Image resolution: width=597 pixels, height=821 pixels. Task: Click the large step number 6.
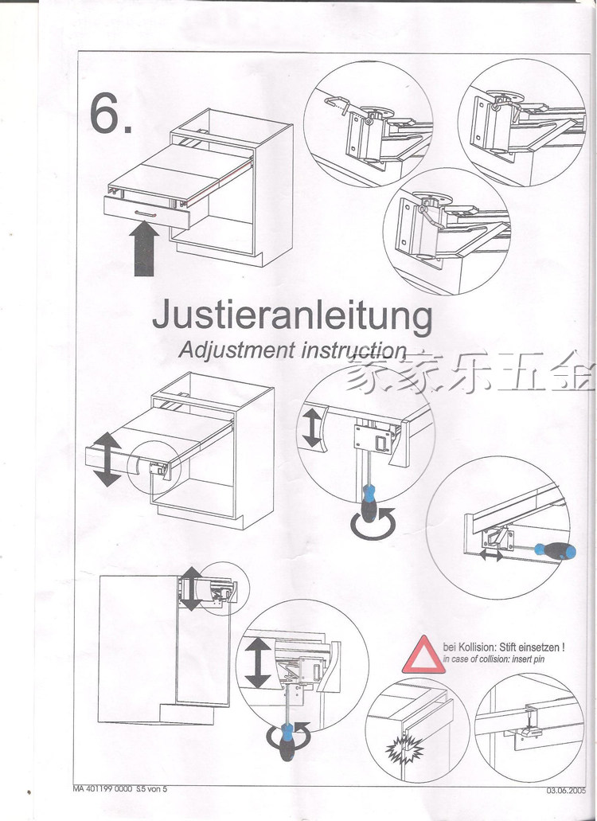[x=111, y=115]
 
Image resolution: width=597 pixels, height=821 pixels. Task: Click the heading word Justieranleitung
[x=292, y=316]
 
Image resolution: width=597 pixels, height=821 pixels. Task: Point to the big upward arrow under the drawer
[x=144, y=248]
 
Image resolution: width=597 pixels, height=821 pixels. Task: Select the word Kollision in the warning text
[x=480, y=647]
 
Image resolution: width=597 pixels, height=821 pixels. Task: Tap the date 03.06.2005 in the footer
[x=565, y=791]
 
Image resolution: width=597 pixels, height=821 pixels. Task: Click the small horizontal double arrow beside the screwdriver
[x=491, y=555]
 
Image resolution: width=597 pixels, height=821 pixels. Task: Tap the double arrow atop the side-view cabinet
[x=191, y=588]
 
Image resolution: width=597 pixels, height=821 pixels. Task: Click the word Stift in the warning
[x=512, y=647]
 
